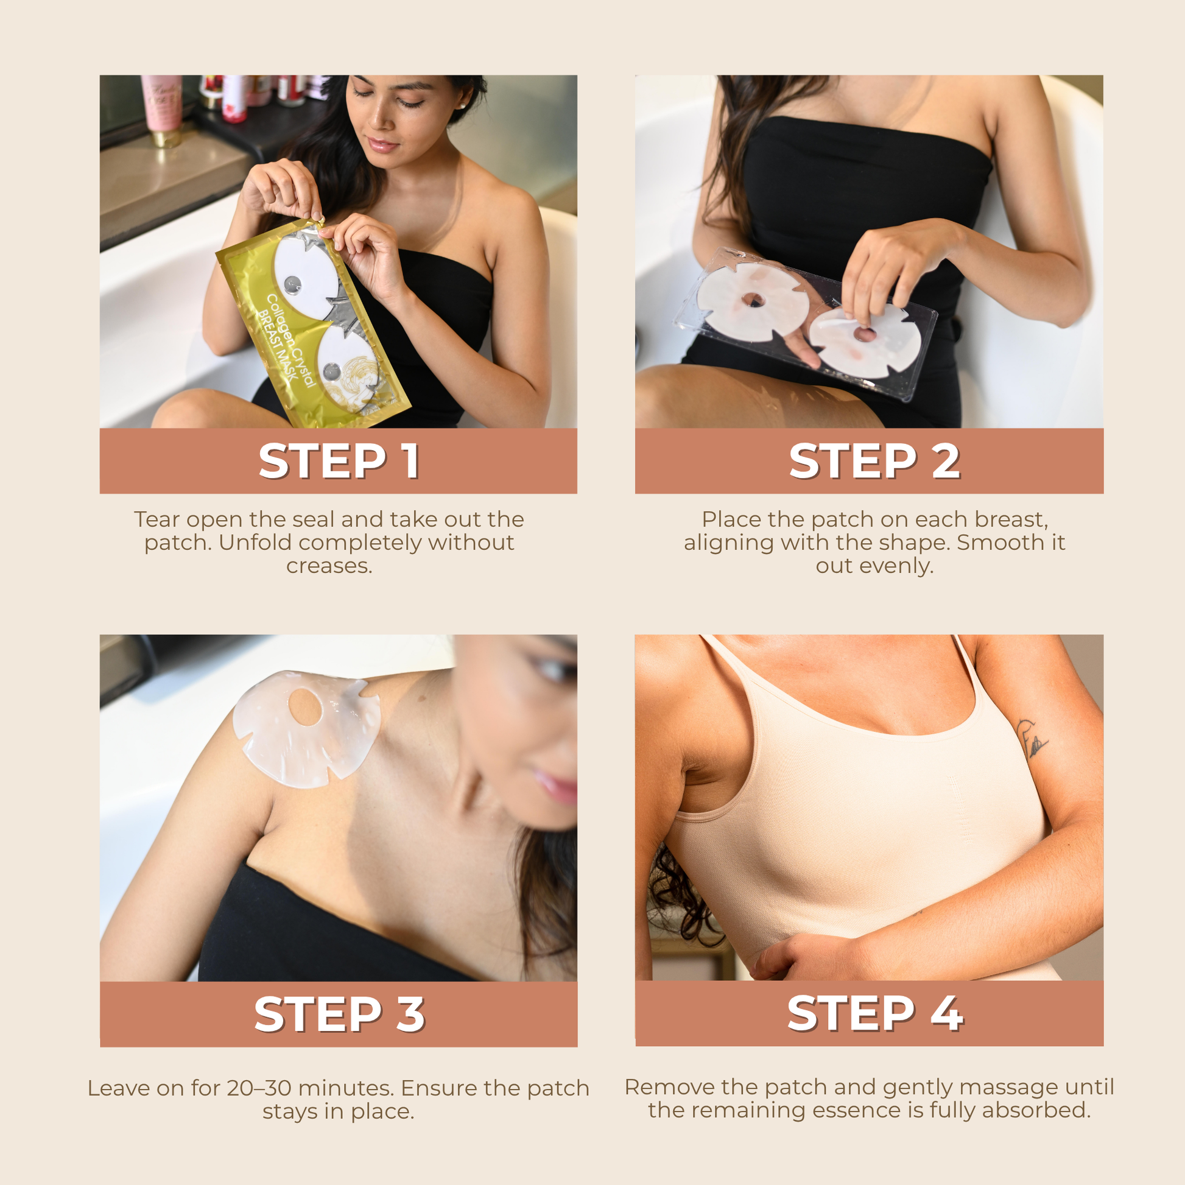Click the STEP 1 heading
click(x=339, y=461)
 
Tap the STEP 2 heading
click(x=874, y=461)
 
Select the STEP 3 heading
click(x=339, y=1014)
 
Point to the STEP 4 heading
click(x=875, y=1013)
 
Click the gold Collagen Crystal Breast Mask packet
click(x=313, y=323)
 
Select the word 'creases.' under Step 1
click(x=329, y=566)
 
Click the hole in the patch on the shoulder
click(x=305, y=705)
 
